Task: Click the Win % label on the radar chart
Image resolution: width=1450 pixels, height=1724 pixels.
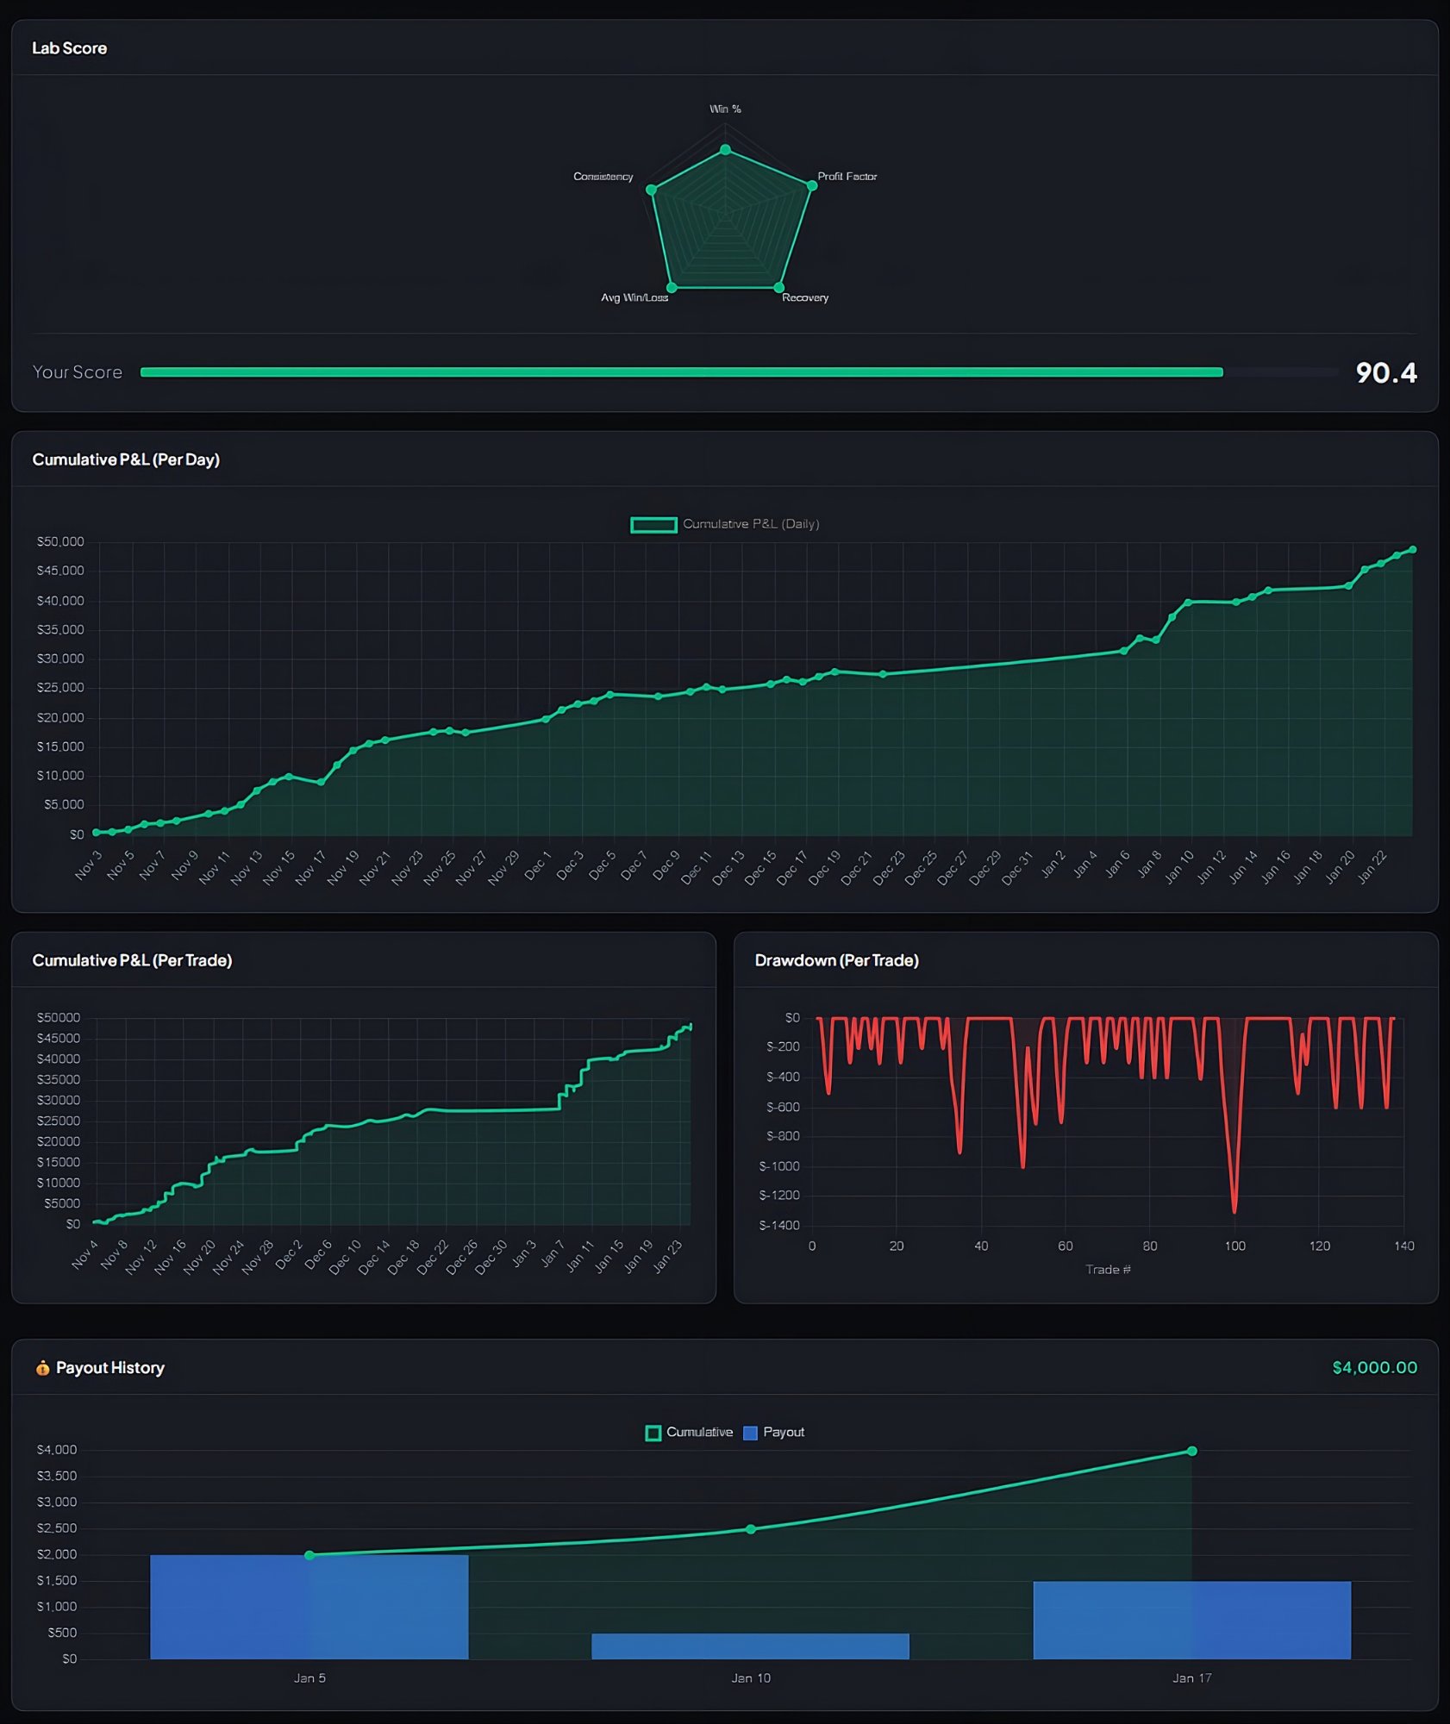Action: (x=725, y=109)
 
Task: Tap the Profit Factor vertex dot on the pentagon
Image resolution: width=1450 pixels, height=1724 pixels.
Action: (x=811, y=185)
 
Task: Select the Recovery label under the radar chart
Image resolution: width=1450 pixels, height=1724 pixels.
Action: (x=804, y=297)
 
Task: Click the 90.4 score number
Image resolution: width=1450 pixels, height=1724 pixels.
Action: (x=1385, y=372)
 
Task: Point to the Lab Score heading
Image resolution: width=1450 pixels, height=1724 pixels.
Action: (x=69, y=48)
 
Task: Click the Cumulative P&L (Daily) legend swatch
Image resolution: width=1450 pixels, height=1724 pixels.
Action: (x=653, y=524)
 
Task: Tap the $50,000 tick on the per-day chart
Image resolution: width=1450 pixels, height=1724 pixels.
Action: (x=60, y=541)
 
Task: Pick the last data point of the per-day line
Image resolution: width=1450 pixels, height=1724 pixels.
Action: (x=1412, y=549)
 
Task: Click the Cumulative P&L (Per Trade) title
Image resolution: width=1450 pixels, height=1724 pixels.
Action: (x=132, y=960)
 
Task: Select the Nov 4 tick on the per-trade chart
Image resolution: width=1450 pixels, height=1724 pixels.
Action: (x=84, y=1255)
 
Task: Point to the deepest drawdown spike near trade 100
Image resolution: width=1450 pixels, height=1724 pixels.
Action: (x=1234, y=1210)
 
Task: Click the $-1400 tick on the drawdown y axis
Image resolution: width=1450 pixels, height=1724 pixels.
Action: (x=779, y=1225)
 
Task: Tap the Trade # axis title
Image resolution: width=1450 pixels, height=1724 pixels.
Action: (x=1108, y=1269)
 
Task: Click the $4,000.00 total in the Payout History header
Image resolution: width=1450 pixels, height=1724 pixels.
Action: (x=1374, y=1367)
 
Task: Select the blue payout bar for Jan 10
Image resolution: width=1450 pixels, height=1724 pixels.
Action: (x=750, y=1646)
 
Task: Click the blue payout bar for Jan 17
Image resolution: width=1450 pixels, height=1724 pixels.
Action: (x=1191, y=1620)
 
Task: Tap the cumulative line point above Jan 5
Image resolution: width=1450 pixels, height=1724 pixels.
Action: (x=309, y=1555)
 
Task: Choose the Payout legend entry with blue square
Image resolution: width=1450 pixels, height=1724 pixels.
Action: (x=773, y=1432)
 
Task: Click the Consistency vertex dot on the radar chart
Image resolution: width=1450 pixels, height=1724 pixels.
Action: (x=652, y=190)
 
